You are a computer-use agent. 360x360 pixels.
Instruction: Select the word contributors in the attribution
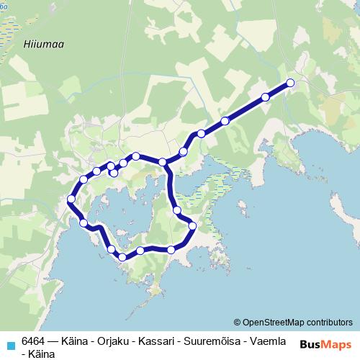[x=329, y=323]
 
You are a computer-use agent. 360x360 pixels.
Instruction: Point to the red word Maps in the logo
[x=336, y=345]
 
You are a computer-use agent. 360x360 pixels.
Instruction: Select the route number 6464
[x=34, y=341]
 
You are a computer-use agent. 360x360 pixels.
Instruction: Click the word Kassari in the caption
[x=150, y=341]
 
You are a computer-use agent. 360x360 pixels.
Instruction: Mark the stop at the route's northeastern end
[x=291, y=83]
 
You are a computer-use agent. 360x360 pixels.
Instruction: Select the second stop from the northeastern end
[x=265, y=96]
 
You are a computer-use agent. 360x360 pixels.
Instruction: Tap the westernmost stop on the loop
[x=71, y=199]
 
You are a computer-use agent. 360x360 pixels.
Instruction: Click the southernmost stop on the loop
[x=122, y=256]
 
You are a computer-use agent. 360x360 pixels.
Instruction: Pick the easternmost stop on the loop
[x=192, y=226]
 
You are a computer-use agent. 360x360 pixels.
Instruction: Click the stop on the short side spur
[x=114, y=173]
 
